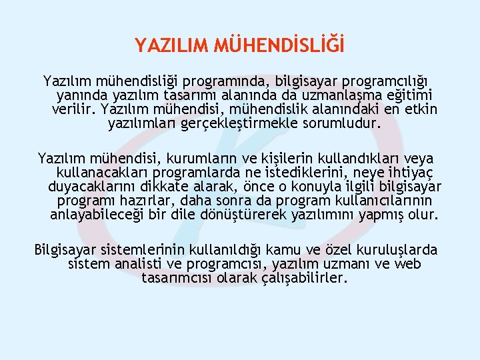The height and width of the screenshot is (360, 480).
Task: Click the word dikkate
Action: pos(172,187)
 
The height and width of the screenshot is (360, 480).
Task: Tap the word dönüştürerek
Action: pos(248,215)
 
